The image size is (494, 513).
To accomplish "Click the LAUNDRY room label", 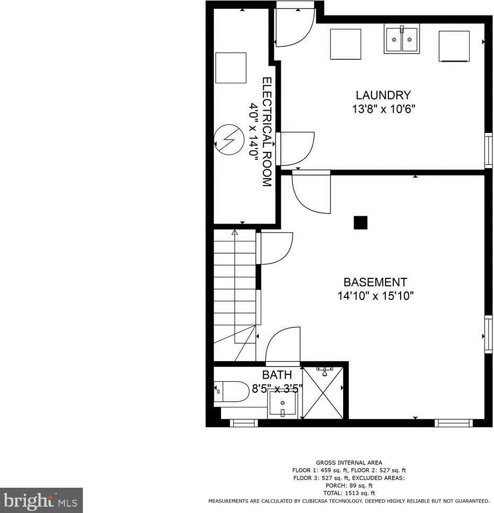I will click(x=383, y=95).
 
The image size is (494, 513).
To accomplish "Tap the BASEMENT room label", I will click(x=375, y=282).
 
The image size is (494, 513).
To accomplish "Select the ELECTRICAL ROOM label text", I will click(x=267, y=132).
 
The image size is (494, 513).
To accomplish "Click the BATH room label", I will click(x=277, y=375).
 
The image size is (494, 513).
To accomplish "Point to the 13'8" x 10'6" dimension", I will click(x=381, y=110).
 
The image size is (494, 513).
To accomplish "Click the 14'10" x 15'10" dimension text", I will click(x=375, y=296).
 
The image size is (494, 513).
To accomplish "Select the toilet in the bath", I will click(x=232, y=392).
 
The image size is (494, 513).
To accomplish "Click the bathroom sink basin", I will click(x=282, y=405).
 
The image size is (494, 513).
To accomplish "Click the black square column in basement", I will click(x=360, y=223).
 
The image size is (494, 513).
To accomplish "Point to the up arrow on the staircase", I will click(x=235, y=232).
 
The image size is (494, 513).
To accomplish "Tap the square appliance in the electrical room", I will click(x=231, y=67).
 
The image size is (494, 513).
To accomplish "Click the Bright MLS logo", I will click(x=41, y=500).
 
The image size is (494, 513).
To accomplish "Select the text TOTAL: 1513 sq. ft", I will click(x=349, y=492).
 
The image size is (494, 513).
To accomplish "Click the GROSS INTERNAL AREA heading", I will click(x=349, y=462).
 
